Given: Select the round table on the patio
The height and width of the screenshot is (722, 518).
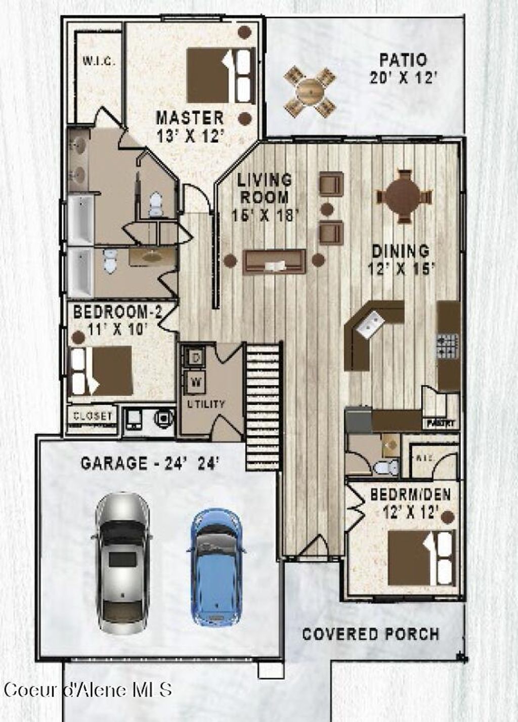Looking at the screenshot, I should (310, 91).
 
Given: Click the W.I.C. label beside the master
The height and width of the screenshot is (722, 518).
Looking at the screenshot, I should (99, 62).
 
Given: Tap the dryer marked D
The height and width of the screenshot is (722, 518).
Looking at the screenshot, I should (195, 357).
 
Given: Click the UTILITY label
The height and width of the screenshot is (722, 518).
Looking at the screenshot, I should (206, 404).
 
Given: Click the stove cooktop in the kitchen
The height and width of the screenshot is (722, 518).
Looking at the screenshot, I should (448, 346).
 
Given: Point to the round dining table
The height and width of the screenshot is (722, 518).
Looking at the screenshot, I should (403, 195).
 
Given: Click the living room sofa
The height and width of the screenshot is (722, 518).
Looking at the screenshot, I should (274, 262).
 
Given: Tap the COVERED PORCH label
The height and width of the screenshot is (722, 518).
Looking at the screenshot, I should (370, 633).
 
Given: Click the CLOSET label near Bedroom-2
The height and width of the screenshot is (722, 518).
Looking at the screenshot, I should (93, 416).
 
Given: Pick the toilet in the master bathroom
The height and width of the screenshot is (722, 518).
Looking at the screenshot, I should (155, 204).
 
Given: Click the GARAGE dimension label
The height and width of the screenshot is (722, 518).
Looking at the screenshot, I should (150, 463).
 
